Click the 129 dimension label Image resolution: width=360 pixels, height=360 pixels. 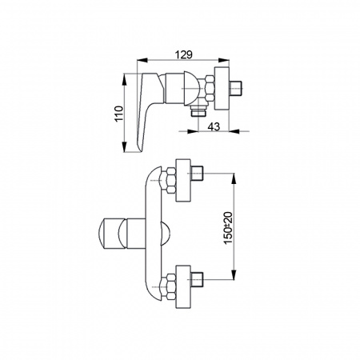(x=183, y=54)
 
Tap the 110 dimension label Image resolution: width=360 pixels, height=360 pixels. (x=119, y=114)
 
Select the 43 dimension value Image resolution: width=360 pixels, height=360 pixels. (x=214, y=126)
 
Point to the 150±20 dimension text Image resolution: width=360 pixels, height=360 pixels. (x=228, y=228)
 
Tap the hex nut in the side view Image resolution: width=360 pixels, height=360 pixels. (x=210, y=88)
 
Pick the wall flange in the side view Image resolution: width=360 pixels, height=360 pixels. (x=222, y=88)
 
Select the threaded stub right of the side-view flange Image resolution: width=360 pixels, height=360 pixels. (x=235, y=87)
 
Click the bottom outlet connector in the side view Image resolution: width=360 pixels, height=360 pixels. (x=199, y=111)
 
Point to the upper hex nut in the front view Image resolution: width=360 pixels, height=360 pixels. (x=170, y=180)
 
